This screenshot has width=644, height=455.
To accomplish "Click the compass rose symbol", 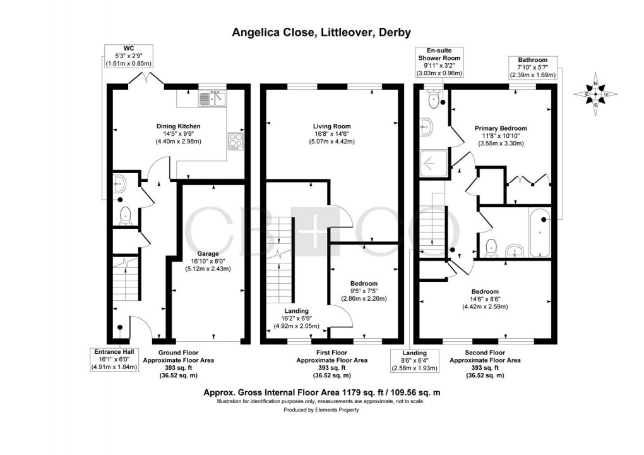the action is (595, 94).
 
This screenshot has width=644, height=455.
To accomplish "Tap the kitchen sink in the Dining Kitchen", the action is (213, 99).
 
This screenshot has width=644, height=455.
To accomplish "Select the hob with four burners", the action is (236, 140).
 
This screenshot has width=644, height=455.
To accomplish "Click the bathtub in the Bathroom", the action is (540, 233).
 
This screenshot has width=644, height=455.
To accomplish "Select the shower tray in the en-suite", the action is (434, 164).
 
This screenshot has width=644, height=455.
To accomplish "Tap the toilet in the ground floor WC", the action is (125, 215).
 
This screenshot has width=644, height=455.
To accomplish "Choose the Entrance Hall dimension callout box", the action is (114, 360).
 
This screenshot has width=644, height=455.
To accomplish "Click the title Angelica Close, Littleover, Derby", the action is (321, 32).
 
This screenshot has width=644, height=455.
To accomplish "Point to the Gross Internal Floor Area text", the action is (321, 392).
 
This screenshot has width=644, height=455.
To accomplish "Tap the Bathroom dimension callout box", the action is (533, 68).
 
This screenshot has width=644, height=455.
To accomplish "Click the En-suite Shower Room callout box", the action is (439, 62).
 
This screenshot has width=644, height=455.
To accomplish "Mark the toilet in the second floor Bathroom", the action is (491, 248).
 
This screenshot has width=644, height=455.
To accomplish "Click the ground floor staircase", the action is (126, 279).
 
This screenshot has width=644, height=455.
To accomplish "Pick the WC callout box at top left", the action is (129, 56).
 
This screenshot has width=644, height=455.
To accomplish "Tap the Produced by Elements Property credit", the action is (321, 409).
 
